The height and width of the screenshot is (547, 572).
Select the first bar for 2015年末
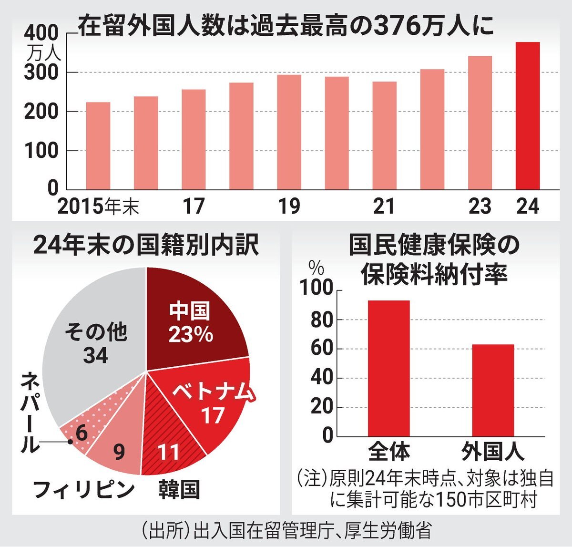pos(98,146)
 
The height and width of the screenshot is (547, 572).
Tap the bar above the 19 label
pos(289,132)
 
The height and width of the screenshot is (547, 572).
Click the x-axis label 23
pos(479,206)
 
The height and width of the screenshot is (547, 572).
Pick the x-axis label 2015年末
pos(98,206)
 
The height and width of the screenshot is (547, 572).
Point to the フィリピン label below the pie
pos(84,490)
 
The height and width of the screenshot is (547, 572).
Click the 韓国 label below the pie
pos(179,490)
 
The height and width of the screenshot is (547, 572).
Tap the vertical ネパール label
pos(30,413)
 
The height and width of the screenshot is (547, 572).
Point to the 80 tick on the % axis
pos(321,320)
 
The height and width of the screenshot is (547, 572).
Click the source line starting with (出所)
pos(286,531)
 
